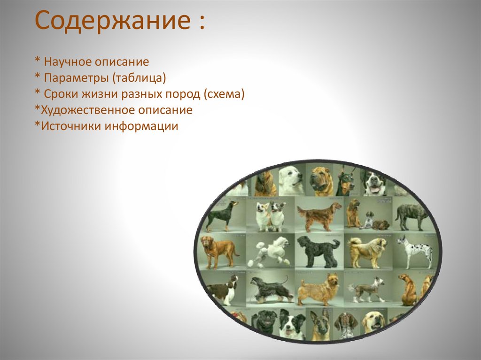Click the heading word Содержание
point(113,21)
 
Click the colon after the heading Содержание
point(201,23)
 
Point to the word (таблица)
point(139,78)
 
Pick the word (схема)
point(224,94)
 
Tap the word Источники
point(71,126)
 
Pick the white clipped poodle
point(269,250)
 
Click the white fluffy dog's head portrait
point(291,180)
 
